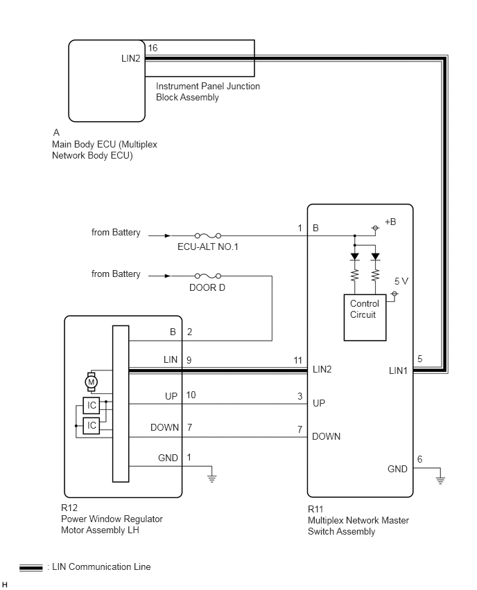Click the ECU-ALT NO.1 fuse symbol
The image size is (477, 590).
click(207, 236)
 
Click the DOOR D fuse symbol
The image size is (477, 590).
click(207, 276)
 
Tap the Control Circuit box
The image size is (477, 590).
click(365, 318)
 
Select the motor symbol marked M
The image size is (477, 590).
click(91, 382)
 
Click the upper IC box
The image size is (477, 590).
click(92, 406)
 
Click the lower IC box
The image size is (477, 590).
click(92, 426)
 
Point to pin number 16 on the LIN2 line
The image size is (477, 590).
click(153, 48)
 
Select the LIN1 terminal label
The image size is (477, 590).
click(398, 371)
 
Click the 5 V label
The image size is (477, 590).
click(401, 281)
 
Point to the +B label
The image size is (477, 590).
click(390, 222)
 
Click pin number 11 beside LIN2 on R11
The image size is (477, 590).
click(298, 361)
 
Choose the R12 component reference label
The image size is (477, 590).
click(69, 508)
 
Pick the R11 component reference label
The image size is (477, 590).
click(315, 509)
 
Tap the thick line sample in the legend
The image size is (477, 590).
click(31, 568)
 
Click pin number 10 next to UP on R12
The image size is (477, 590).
click(191, 395)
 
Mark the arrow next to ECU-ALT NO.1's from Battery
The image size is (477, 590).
click(159, 236)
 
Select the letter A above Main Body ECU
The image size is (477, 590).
click(56, 132)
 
